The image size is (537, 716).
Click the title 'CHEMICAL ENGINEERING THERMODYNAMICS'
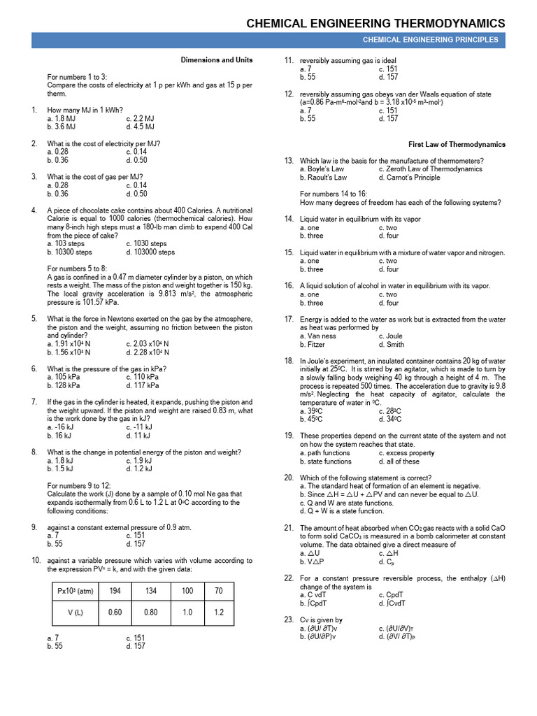pyautogui.click(x=375, y=24)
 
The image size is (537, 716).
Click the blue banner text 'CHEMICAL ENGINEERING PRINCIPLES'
pyautogui.click(x=430, y=40)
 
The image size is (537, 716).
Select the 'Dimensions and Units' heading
pyautogui.click(x=217, y=60)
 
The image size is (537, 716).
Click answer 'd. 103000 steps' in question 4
pyautogui.click(x=150, y=252)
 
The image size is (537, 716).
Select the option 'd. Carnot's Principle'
pyautogui.click(x=409, y=178)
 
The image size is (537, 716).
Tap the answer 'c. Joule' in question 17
pyautogui.click(x=391, y=336)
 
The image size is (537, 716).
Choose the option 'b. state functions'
pyautogui.click(x=325, y=461)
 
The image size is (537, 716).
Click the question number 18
pyautogui.click(x=288, y=361)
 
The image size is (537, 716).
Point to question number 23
pyautogui.click(x=288, y=620)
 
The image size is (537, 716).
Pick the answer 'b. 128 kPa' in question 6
pyautogui.click(x=64, y=385)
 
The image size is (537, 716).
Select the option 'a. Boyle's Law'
pyautogui.click(x=322, y=169)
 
